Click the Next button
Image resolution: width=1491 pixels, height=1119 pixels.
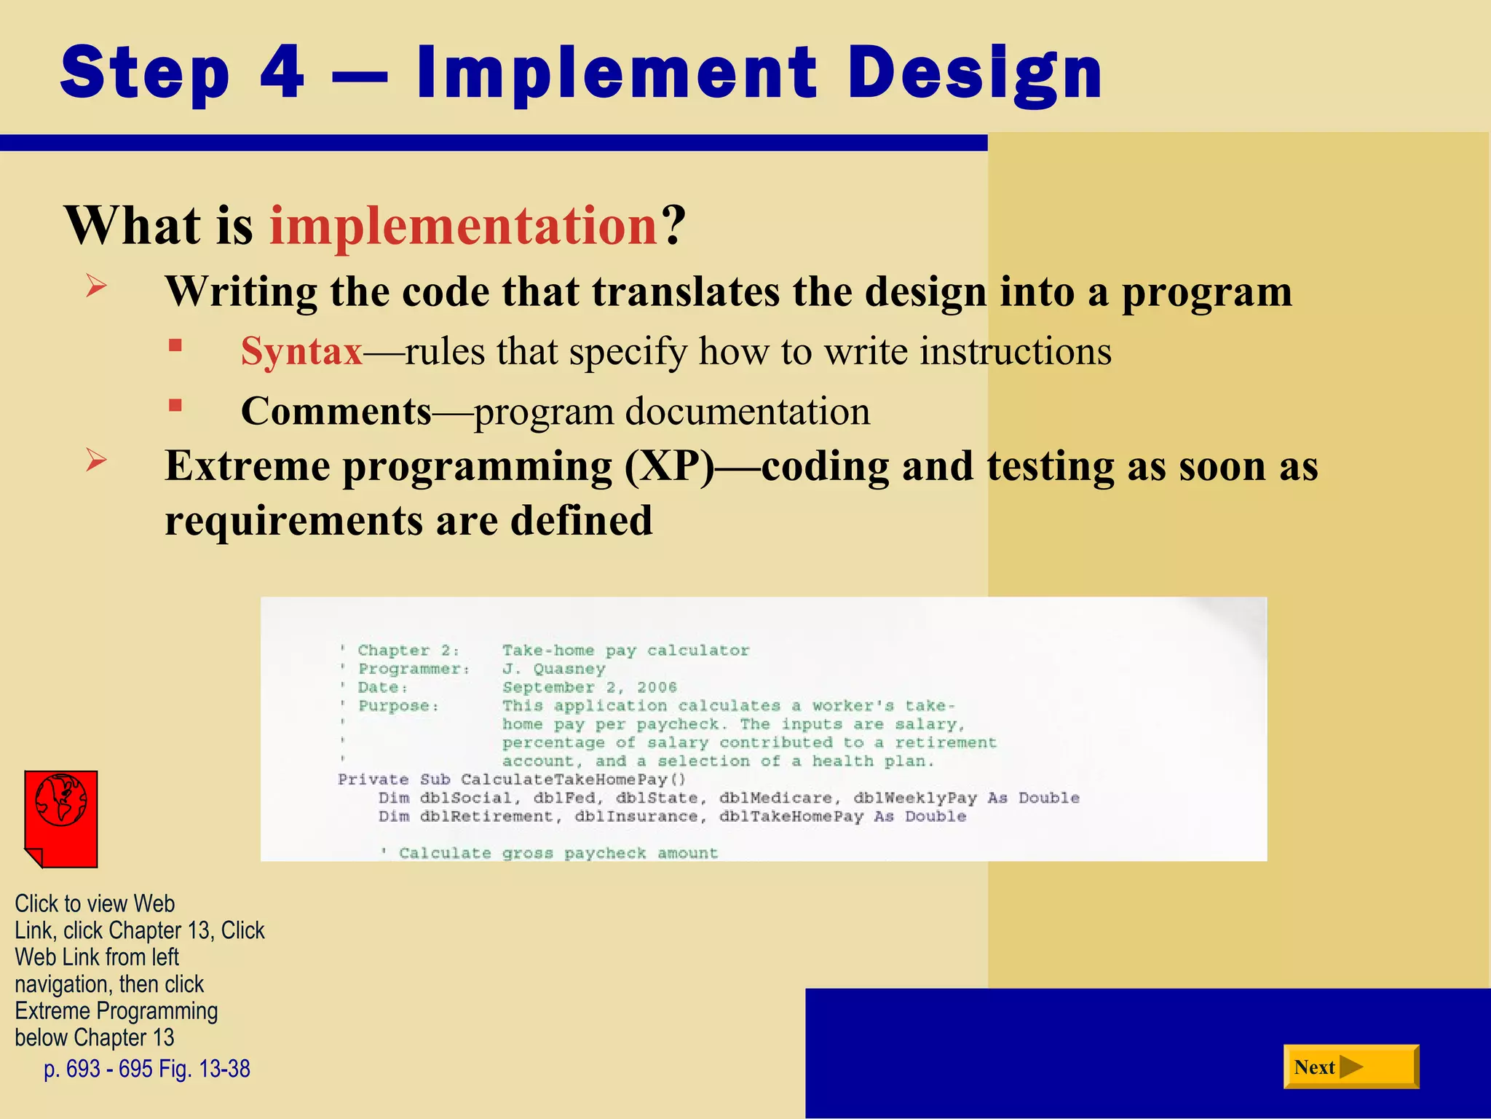click(x=1350, y=1067)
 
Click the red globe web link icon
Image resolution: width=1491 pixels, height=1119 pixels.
click(x=61, y=818)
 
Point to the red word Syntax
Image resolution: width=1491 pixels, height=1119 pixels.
click(x=301, y=352)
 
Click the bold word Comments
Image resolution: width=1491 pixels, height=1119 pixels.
click(x=336, y=412)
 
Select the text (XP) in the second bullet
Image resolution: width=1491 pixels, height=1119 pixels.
click(x=669, y=466)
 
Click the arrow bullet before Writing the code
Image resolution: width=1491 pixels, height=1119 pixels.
click(x=96, y=286)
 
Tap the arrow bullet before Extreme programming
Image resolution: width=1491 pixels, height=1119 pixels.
click(x=96, y=460)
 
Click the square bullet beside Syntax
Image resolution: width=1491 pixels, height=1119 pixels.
click(x=175, y=345)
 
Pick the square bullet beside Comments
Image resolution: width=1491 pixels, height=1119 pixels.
click(x=175, y=405)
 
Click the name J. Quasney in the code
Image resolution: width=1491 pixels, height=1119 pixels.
click(x=553, y=669)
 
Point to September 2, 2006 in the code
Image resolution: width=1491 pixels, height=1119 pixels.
click(x=589, y=687)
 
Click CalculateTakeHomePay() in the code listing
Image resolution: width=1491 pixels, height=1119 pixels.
click(x=573, y=780)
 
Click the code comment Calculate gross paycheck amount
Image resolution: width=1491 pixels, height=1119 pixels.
click(x=558, y=853)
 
